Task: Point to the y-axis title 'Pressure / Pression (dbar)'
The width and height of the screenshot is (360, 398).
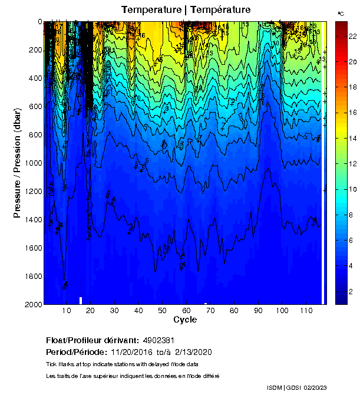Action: tap(18, 163)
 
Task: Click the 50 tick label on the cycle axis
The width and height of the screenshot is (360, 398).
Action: tap(162, 311)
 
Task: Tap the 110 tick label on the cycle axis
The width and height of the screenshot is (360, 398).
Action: tap(306, 311)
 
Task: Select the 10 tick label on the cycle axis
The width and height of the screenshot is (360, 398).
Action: tap(67, 311)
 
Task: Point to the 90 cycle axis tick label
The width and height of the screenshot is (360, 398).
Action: tap(258, 311)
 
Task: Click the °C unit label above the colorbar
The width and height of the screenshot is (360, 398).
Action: tap(341, 13)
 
